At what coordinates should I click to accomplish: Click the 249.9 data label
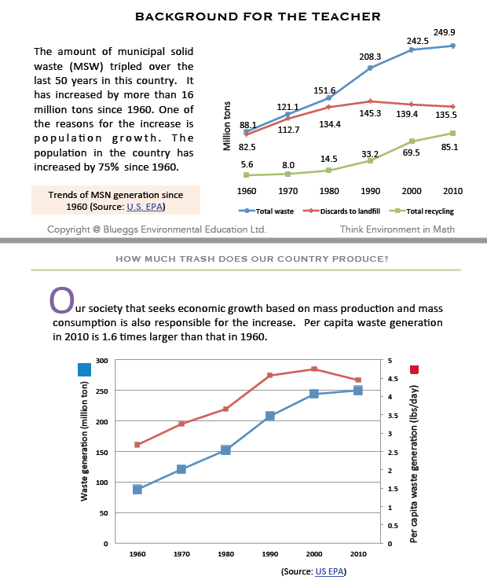click(445, 33)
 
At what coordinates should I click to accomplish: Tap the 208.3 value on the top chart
click(370, 57)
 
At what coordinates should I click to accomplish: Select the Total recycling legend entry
click(424, 211)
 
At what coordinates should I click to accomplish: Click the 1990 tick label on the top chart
click(370, 190)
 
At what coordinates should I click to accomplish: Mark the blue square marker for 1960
click(137, 489)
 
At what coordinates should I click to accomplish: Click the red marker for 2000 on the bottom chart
click(314, 369)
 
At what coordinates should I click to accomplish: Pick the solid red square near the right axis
click(414, 369)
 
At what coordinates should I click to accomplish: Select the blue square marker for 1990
click(269, 416)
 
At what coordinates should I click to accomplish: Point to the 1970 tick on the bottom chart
click(181, 554)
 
